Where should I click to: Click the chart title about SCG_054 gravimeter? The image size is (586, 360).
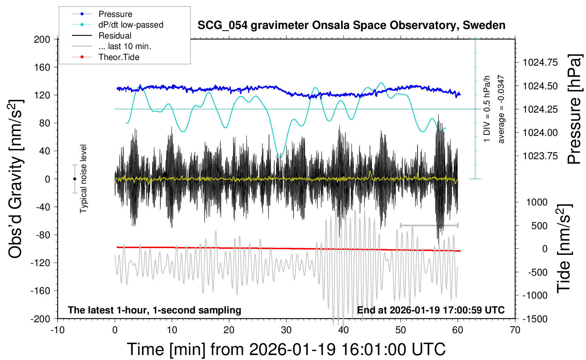click(x=351, y=25)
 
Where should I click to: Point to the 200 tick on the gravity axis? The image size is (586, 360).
click(x=42, y=39)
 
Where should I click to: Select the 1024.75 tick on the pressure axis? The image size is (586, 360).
click(x=540, y=62)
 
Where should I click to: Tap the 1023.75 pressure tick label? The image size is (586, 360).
click(x=540, y=156)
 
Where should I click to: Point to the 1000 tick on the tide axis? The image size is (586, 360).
click(x=537, y=202)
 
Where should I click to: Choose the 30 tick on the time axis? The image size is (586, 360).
click(x=286, y=330)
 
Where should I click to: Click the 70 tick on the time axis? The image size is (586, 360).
click(x=515, y=330)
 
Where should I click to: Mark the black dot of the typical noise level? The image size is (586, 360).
click(x=74, y=179)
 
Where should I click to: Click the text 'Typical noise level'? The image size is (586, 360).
click(x=83, y=179)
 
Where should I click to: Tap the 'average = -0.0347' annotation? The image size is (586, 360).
click(x=501, y=109)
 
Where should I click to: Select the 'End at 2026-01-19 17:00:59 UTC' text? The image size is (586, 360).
click(x=431, y=310)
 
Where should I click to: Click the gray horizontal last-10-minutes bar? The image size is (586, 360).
click(x=429, y=225)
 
